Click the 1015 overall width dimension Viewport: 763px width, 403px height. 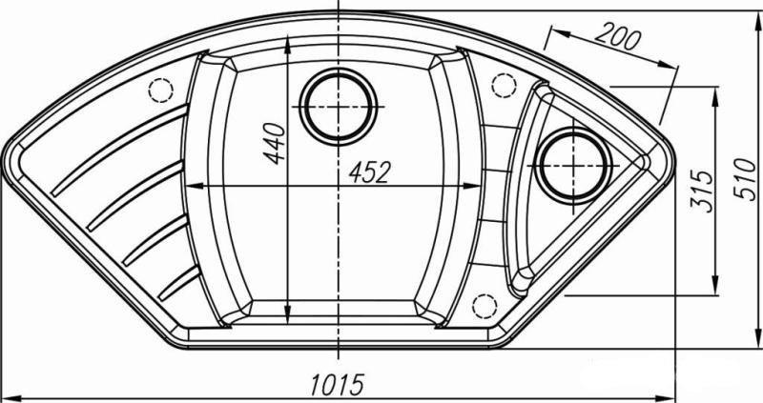click(x=338, y=385)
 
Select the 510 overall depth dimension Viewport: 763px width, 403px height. click(x=745, y=179)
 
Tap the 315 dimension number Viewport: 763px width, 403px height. click(x=702, y=191)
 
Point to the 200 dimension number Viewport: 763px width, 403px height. click(x=617, y=37)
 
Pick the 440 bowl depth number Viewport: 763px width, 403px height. click(x=275, y=144)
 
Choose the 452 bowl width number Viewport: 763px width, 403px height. click(x=370, y=172)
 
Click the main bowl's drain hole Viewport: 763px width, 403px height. click(x=339, y=107)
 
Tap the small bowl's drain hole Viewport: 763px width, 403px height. click(x=573, y=166)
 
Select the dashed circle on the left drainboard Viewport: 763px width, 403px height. click(x=161, y=90)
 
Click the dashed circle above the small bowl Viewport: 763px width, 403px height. click(x=505, y=86)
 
